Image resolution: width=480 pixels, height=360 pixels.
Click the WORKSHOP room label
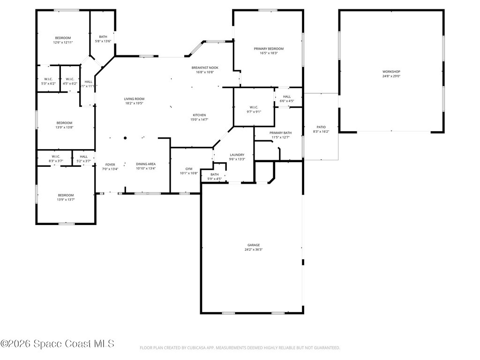391,71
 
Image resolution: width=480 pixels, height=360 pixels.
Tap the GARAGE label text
254,245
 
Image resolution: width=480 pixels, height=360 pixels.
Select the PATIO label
321,127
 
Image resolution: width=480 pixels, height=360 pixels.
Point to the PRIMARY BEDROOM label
269,49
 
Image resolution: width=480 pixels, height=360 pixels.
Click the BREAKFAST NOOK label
205,67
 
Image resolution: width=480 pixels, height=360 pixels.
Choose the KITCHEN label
199,115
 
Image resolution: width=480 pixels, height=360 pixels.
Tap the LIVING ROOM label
134,99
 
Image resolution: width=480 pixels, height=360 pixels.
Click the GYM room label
189,169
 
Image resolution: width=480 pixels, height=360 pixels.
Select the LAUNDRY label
237,155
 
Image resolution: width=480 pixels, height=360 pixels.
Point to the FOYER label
110,165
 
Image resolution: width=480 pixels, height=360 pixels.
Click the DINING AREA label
146,164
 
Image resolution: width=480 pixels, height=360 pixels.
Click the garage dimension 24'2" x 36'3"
254,250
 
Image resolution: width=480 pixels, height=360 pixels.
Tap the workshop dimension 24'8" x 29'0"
391,76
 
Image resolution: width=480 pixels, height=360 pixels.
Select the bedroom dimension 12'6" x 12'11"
63,43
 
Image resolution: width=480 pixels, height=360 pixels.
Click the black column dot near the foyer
125,138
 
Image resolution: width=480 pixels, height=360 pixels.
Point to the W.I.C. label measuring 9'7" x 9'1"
254,107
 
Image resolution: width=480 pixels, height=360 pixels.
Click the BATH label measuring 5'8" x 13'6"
103,37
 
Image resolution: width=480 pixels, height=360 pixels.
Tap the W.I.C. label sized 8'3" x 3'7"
56,157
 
